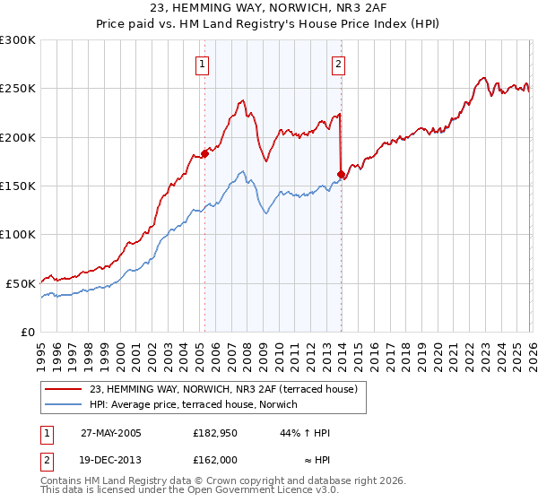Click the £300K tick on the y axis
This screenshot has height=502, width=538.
click(x=18, y=40)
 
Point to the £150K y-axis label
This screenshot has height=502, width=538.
click(x=18, y=186)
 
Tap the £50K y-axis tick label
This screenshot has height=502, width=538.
click(x=21, y=282)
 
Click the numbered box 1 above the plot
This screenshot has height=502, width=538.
click(x=204, y=64)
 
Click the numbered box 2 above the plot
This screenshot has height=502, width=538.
click(x=339, y=64)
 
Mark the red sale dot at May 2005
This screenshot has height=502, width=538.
click(x=204, y=153)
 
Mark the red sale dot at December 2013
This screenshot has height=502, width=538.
click(x=342, y=174)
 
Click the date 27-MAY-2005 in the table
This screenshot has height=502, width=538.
click(x=110, y=433)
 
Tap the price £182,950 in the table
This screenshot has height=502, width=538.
click(x=214, y=433)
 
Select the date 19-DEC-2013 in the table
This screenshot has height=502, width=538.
click(x=110, y=458)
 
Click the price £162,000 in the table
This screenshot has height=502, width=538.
click(x=214, y=458)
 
